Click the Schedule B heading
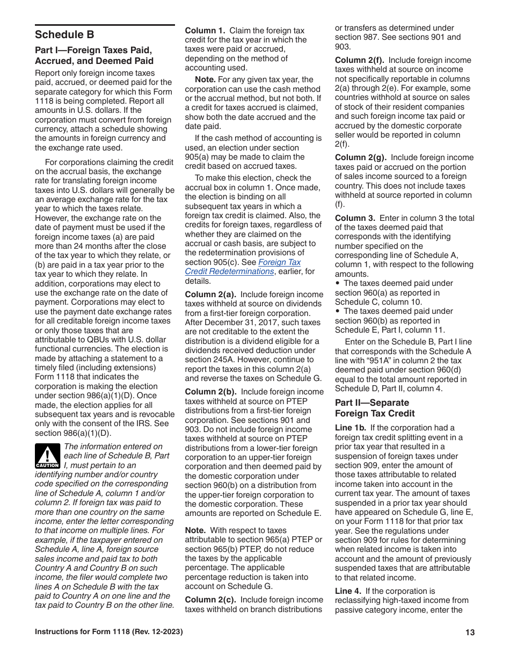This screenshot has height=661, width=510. [64, 35]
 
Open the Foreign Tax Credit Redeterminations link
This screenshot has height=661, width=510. [243, 267]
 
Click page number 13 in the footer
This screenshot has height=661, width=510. [470, 633]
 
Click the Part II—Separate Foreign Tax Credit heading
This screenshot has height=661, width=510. [375, 408]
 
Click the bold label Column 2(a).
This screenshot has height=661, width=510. [210, 294]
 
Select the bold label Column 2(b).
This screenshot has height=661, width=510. [210, 392]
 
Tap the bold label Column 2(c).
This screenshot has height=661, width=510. [210, 600]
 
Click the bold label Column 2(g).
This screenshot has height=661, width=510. [360, 157]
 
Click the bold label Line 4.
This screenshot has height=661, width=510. [347, 591]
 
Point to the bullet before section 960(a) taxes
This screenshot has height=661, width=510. [337, 284]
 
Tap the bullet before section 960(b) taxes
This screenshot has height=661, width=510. [337, 312]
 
